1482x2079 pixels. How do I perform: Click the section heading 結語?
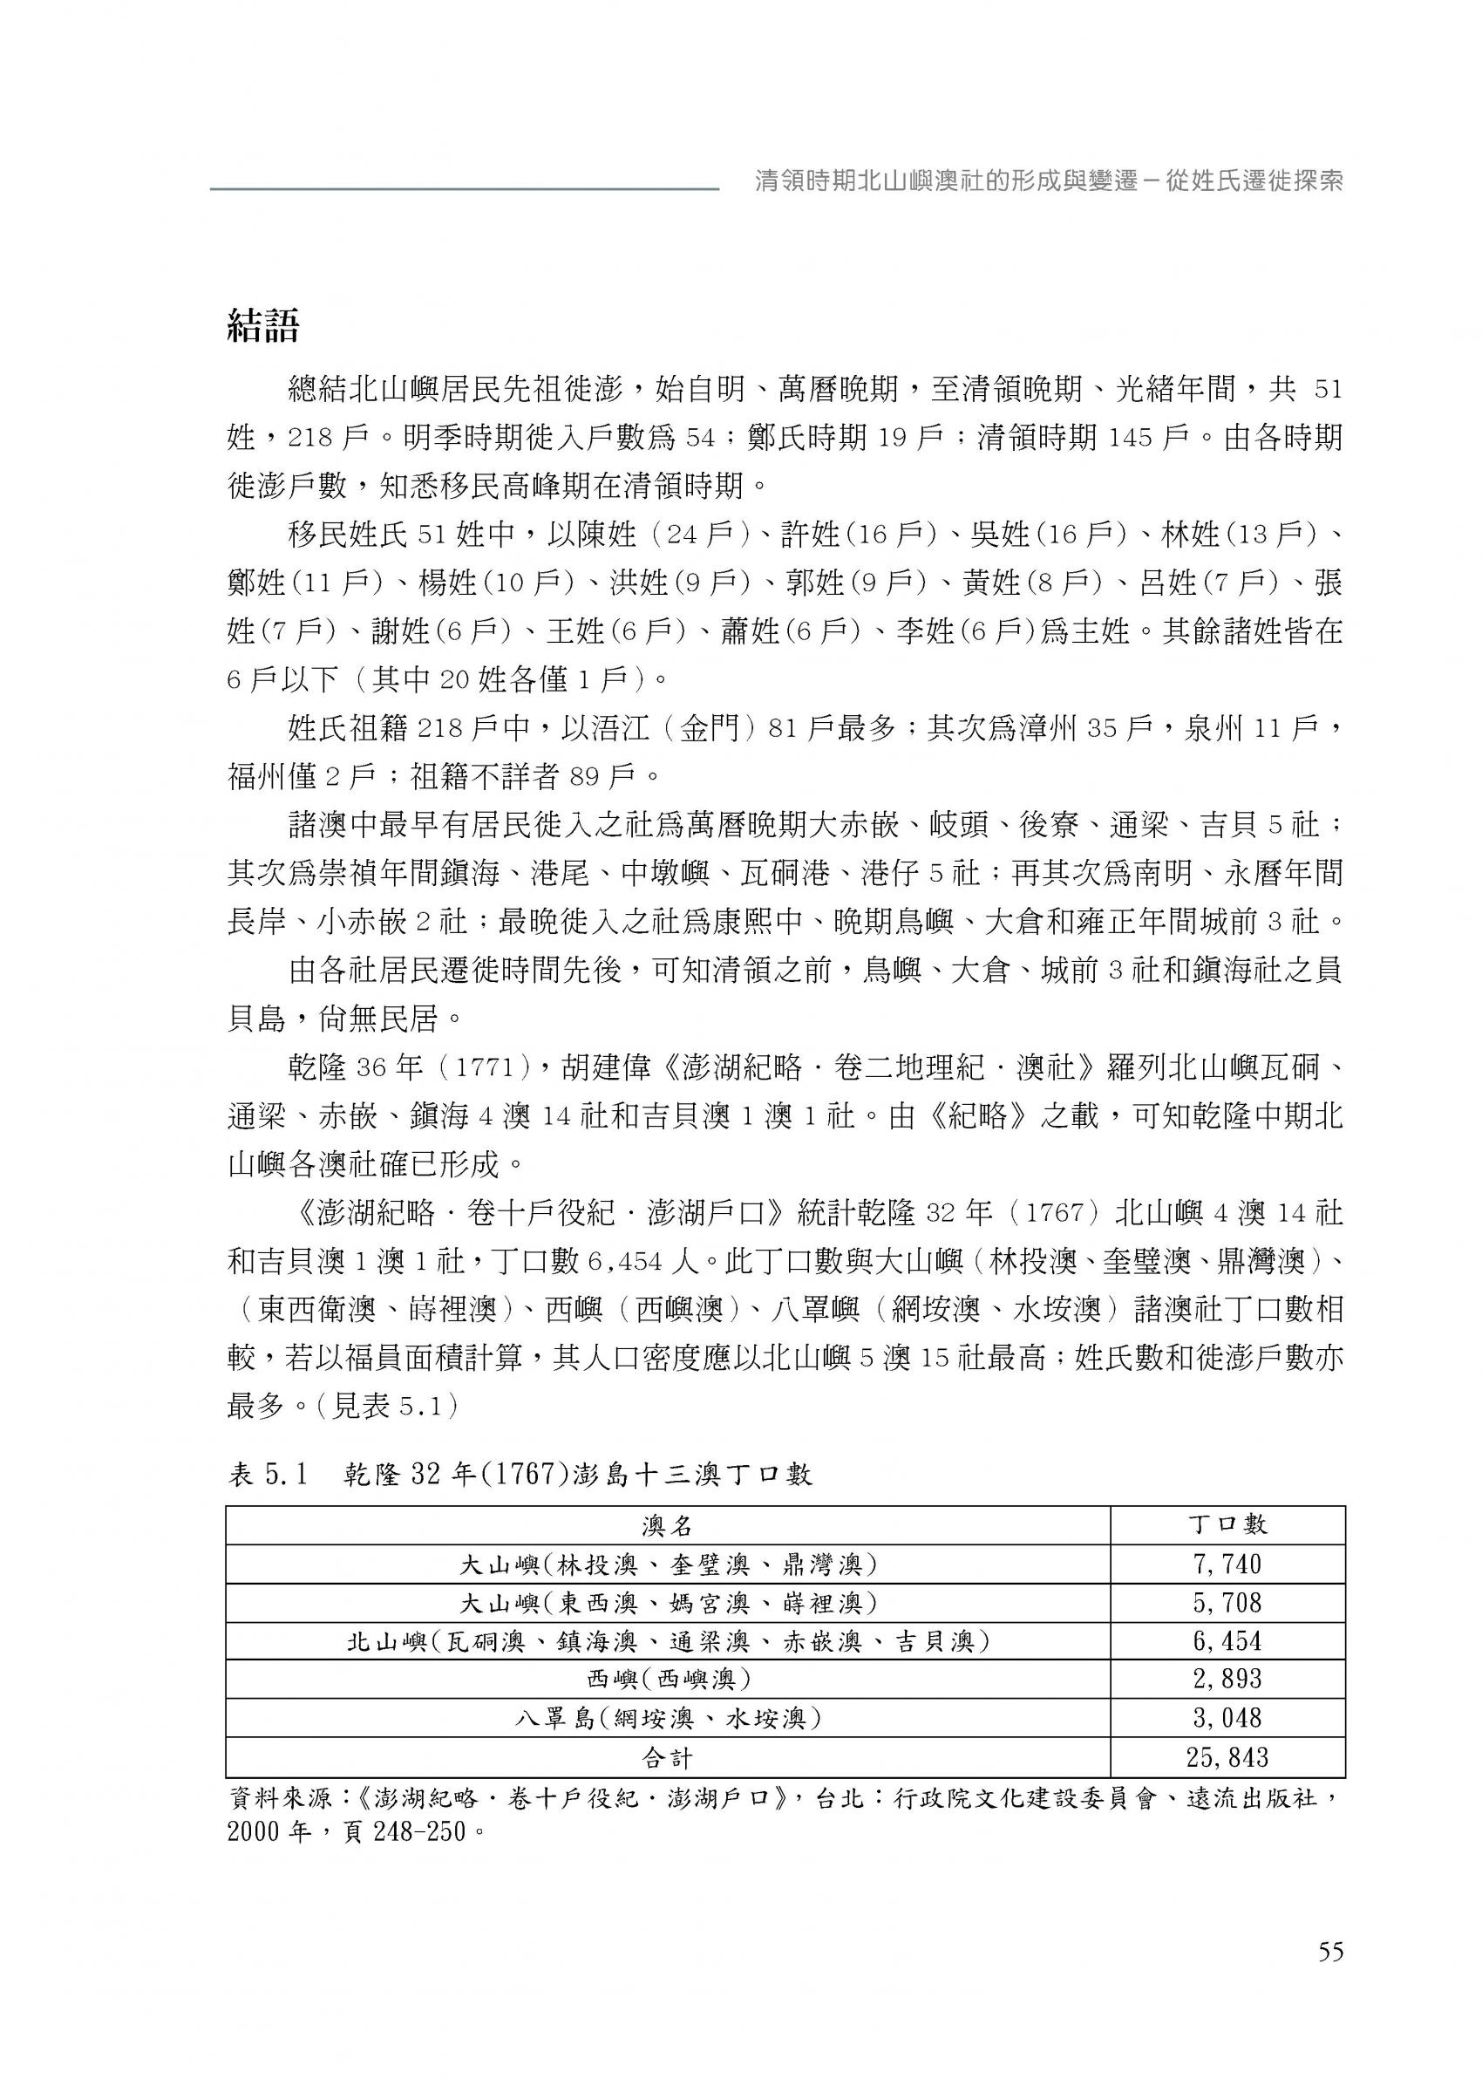pos(262,326)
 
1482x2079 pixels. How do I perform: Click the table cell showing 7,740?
pos(1227,1564)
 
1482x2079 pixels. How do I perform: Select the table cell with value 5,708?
pos(1227,1603)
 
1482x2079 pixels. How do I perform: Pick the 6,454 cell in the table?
pos(1227,1641)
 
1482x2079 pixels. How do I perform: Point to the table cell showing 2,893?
pos(1227,1679)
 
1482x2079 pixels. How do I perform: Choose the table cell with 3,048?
pos(1227,1718)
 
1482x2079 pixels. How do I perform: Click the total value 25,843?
pos(1227,1757)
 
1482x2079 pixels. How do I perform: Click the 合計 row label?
pos(667,1757)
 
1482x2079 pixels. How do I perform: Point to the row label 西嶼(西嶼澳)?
pos(667,1679)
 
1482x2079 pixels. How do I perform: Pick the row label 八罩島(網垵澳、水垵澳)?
pos(667,1718)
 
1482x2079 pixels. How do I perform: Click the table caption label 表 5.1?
pos(269,1475)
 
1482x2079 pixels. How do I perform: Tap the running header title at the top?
pos(1049,181)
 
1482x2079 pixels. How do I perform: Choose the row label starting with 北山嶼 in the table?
pos(667,1641)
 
